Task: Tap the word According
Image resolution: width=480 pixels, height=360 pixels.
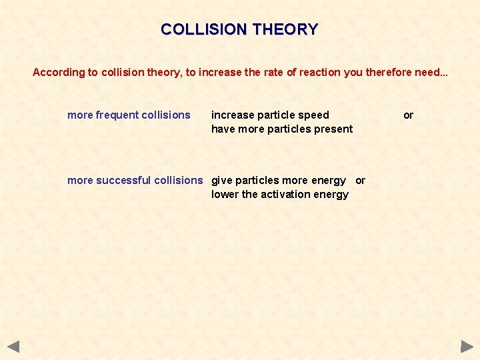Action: coord(59,72)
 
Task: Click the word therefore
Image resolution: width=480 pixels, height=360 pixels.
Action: coord(388,72)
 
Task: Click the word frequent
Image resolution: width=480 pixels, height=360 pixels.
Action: coord(117,115)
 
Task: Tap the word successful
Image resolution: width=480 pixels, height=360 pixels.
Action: coord(123,180)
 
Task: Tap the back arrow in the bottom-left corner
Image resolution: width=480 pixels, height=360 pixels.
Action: coord(13,347)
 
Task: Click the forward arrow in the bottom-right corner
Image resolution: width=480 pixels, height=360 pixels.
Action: coord(467,347)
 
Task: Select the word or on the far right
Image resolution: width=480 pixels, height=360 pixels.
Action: coord(408,115)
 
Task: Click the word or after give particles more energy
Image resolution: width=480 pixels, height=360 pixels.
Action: coord(360,180)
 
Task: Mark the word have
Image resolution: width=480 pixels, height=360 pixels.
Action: coord(223,129)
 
